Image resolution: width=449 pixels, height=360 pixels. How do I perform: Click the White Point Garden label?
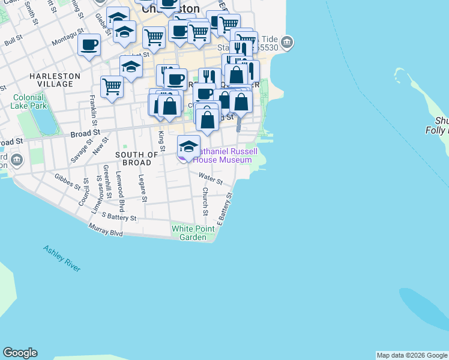pos(193,233)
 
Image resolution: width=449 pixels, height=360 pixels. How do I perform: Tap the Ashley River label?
pos(61,258)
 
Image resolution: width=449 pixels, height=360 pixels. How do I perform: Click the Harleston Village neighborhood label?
pos(55,80)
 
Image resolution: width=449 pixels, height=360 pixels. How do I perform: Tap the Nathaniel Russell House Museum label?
pos(223,156)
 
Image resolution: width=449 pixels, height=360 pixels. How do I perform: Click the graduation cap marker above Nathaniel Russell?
pos(188,146)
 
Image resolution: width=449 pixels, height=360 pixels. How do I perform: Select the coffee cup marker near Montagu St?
pos(89,45)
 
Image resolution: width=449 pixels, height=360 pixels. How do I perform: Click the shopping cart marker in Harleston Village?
pos(112,86)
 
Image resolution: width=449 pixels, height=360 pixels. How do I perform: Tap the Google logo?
pos(20,353)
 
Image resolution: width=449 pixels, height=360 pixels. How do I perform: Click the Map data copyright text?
pos(412,355)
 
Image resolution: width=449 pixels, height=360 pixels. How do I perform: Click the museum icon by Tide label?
pos(288,42)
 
